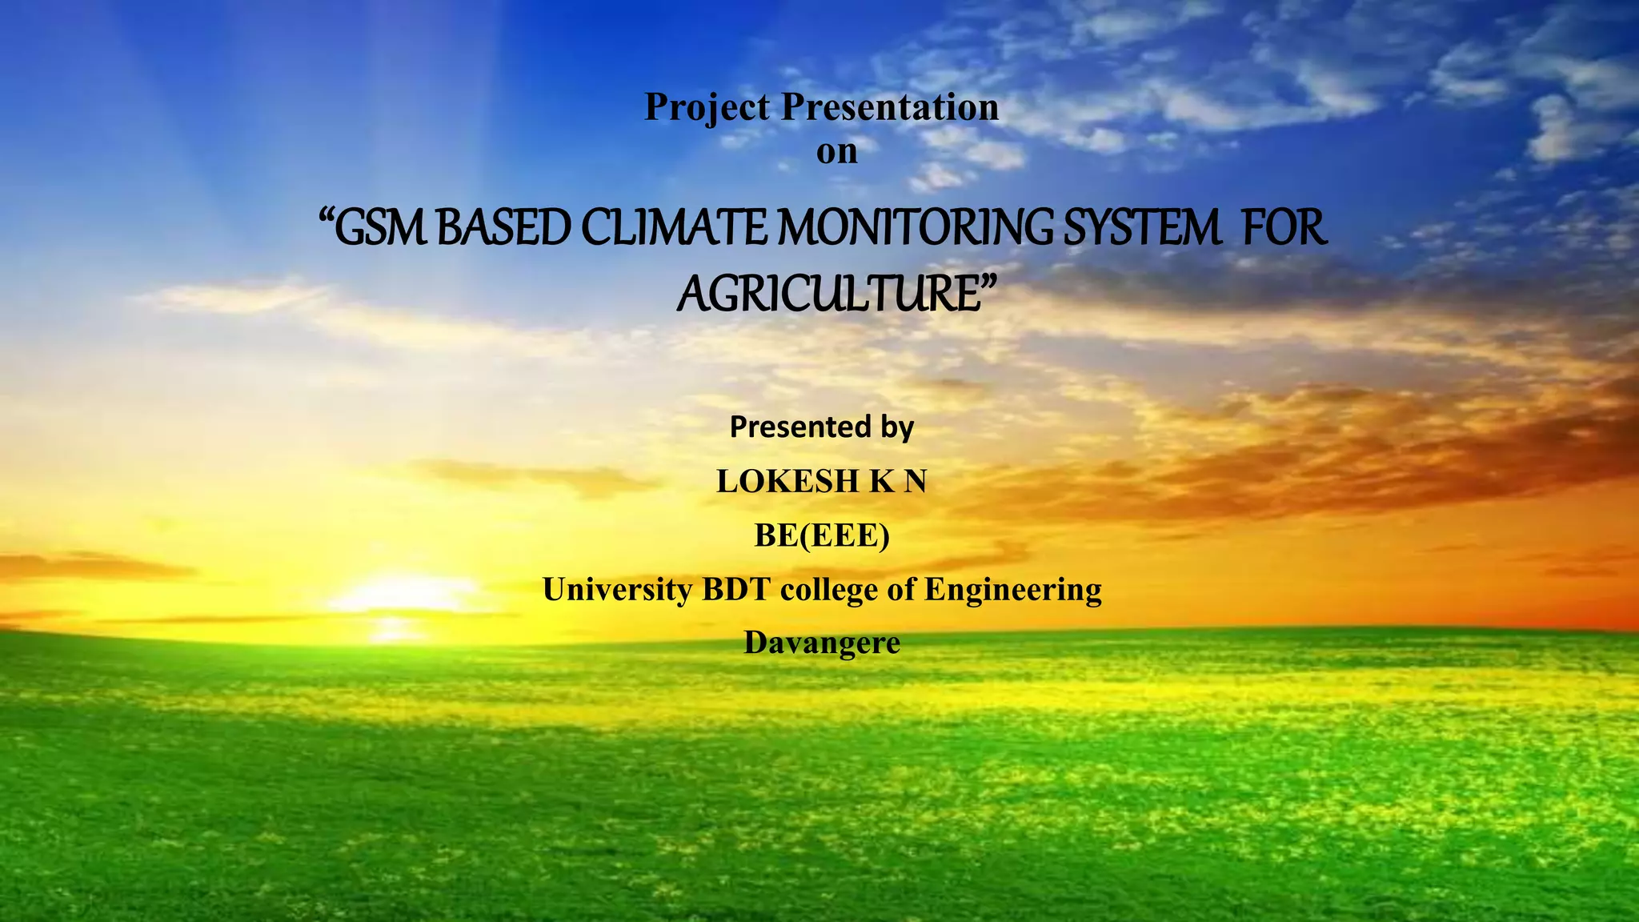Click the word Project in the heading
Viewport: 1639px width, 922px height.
[x=707, y=108]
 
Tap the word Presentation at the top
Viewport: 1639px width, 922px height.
[x=890, y=107]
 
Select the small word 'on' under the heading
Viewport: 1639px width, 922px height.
[x=836, y=152]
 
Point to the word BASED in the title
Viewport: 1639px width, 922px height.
[x=504, y=228]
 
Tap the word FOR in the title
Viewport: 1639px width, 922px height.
[x=1284, y=228]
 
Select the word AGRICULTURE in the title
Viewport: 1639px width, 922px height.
[x=828, y=294]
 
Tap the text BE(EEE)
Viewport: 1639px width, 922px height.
[x=822, y=535]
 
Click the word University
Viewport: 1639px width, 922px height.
[x=617, y=590]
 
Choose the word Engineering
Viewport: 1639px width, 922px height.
[x=1013, y=590]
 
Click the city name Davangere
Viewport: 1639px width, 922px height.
[x=822, y=643]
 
